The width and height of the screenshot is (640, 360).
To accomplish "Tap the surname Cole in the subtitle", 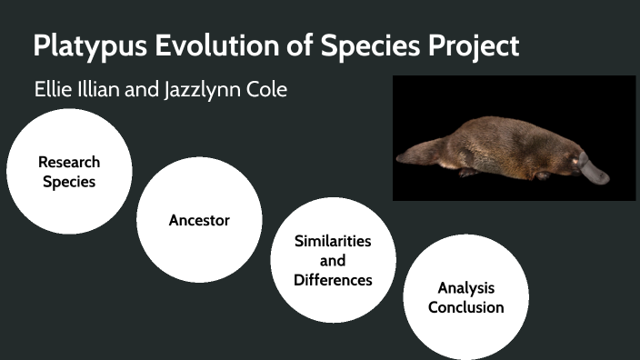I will pyautogui.click(x=267, y=92).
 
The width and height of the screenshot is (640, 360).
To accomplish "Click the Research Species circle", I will pyautogui.click(x=69, y=172).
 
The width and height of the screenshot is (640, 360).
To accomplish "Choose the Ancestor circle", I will pyautogui.click(x=199, y=220).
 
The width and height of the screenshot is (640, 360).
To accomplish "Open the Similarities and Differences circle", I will pyautogui.click(x=333, y=261).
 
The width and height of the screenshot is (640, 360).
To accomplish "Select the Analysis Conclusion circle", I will pyautogui.click(x=465, y=297).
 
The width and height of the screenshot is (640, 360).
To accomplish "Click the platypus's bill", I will pyautogui.click(x=593, y=172).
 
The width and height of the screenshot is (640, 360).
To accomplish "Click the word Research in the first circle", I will pyautogui.click(x=69, y=162).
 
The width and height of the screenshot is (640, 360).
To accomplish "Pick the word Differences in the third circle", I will pyautogui.click(x=333, y=280).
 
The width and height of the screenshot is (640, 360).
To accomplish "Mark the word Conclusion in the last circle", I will pyautogui.click(x=465, y=307).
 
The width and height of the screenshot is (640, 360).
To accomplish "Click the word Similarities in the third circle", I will pyautogui.click(x=333, y=241).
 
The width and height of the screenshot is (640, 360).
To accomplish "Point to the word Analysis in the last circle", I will pyautogui.click(x=465, y=288).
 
